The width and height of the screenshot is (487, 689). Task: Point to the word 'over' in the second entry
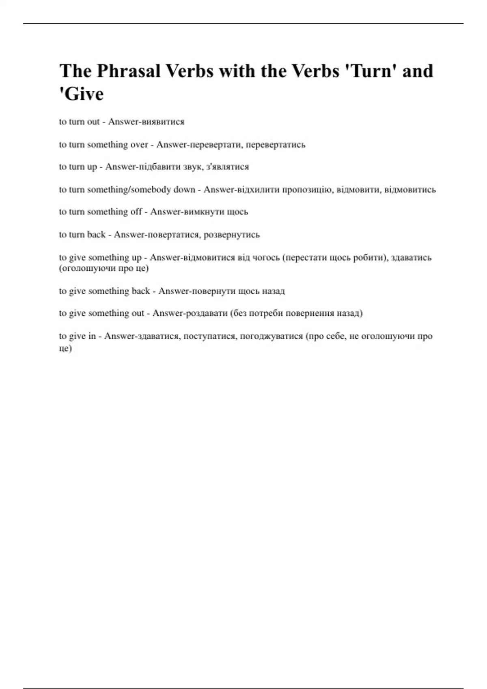point(139,144)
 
